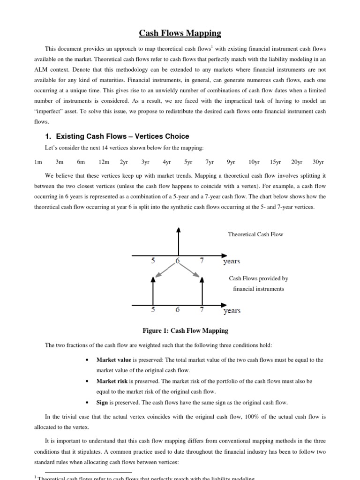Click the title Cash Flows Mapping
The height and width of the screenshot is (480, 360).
click(180, 33)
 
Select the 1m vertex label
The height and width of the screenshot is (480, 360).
click(38, 162)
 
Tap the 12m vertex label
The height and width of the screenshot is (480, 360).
click(103, 162)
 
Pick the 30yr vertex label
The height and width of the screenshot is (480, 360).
click(318, 162)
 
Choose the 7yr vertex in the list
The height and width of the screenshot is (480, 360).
click(210, 162)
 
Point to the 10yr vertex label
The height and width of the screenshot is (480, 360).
click(254, 162)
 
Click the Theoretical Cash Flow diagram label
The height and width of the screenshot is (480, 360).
click(255, 234)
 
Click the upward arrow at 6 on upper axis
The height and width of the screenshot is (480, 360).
click(178, 241)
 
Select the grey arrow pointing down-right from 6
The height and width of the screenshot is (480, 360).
click(190, 269)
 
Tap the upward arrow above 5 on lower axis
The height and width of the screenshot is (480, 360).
click(153, 291)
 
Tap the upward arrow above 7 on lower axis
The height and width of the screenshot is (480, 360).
click(202, 291)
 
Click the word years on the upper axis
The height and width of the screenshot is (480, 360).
click(232, 262)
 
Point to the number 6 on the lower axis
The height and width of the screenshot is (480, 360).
click(177, 310)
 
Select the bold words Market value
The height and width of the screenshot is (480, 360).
click(114, 360)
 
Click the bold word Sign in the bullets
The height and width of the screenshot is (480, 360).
click(102, 403)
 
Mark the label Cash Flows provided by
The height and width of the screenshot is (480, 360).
click(258, 278)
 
